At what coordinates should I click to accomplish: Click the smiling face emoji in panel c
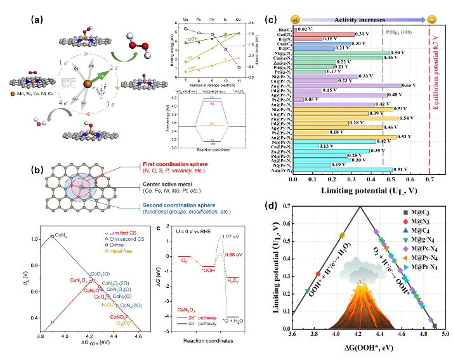[431, 19]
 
